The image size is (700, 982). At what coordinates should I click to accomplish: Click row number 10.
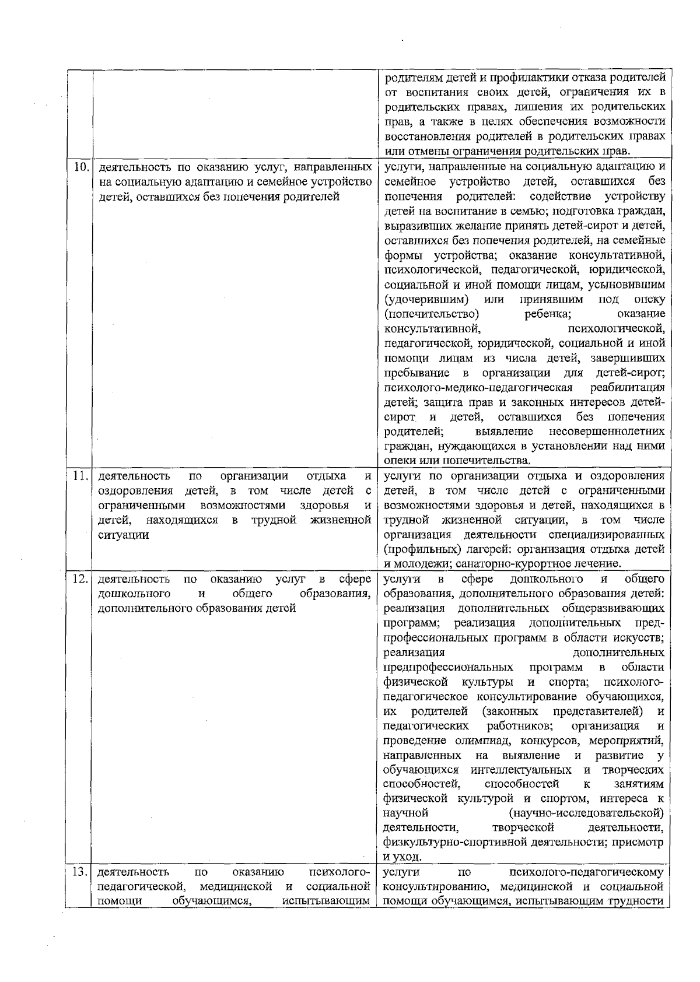pyautogui.click(x=80, y=167)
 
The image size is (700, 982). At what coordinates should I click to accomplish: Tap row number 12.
pyautogui.click(x=80, y=580)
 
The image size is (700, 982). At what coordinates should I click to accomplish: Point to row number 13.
pyautogui.click(x=80, y=872)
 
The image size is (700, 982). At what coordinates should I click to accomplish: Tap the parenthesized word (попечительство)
pyautogui.click(x=428, y=314)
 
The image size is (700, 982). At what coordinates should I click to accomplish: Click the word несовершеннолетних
pyautogui.click(x=607, y=432)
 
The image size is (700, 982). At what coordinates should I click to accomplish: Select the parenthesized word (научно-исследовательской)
pyautogui.click(x=587, y=813)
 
